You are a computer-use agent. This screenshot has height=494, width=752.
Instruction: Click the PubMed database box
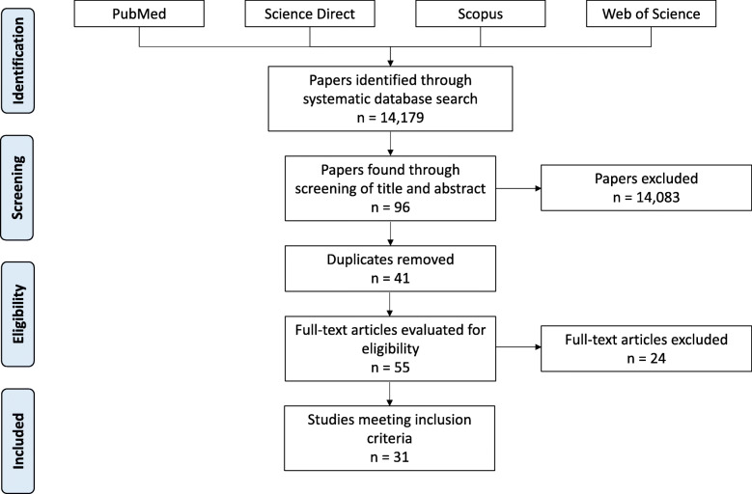click(x=140, y=15)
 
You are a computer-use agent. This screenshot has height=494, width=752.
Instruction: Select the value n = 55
click(x=389, y=368)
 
